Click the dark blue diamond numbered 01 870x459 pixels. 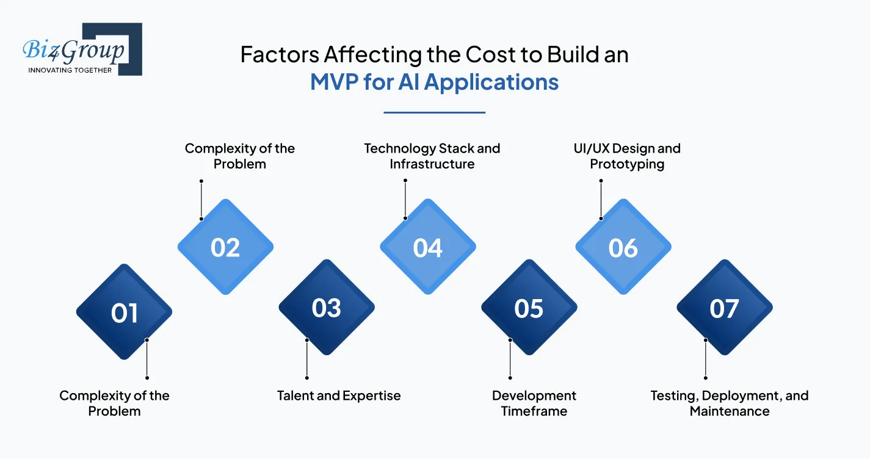point(124,312)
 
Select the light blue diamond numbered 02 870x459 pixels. point(225,247)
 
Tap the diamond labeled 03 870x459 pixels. point(326,308)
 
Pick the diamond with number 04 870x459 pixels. point(427,247)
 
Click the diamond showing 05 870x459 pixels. point(529,308)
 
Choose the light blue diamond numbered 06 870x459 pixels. point(623,247)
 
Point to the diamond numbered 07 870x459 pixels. point(724,308)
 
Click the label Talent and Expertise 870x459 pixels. point(339,396)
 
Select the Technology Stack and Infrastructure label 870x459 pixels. point(432,156)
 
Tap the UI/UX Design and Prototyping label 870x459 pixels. point(626,156)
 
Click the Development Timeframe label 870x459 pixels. point(534,403)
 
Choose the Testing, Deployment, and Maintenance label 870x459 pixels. point(730,403)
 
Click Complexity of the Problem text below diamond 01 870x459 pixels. point(114,403)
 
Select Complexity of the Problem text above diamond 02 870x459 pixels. point(239,156)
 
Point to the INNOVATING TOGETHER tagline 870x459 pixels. point(70,70)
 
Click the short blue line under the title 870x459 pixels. point(434,112)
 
